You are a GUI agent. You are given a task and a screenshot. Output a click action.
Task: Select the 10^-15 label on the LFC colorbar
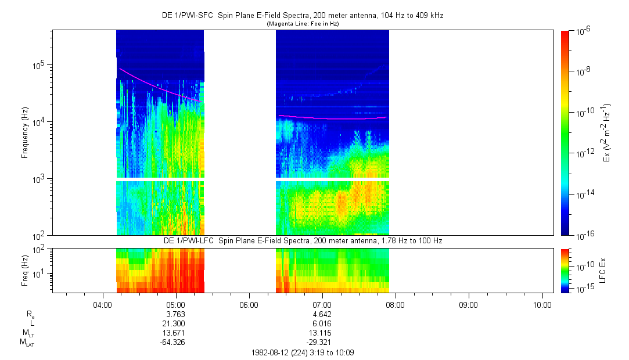[x=583, y=289]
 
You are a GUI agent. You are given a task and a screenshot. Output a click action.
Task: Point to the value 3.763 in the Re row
[x=175, y=314]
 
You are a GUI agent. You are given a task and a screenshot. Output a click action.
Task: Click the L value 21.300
[x=175, y=323]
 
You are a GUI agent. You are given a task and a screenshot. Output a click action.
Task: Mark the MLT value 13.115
[x=322, y=333]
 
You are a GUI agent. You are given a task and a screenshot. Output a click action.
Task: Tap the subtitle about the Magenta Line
[x=303, y=24]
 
